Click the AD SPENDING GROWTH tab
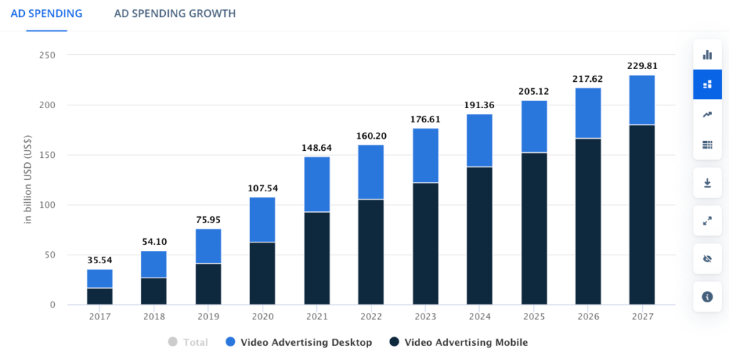click(x=174, y=14)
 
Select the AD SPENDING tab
click(x=46, y=14)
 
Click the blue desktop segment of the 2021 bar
click(x=317, y=184)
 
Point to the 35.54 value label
click(x=100, y=260)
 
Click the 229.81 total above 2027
click(x=641, y=66)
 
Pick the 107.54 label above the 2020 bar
click(x=263, y=188)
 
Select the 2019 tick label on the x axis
click(x=209, y=315)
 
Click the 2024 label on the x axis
click(x=479, y=315)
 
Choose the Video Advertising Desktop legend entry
click(x=299, y=342)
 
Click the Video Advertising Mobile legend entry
click(x=459, y=342)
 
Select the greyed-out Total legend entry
click(x=188, y=342)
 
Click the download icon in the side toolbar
click(x=707, y=183)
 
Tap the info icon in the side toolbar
click(x=707, y=296)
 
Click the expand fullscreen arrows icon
click(x=707, y=221)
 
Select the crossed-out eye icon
click(x=707, y=258)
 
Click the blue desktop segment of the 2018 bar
click(x=154, y=264)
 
